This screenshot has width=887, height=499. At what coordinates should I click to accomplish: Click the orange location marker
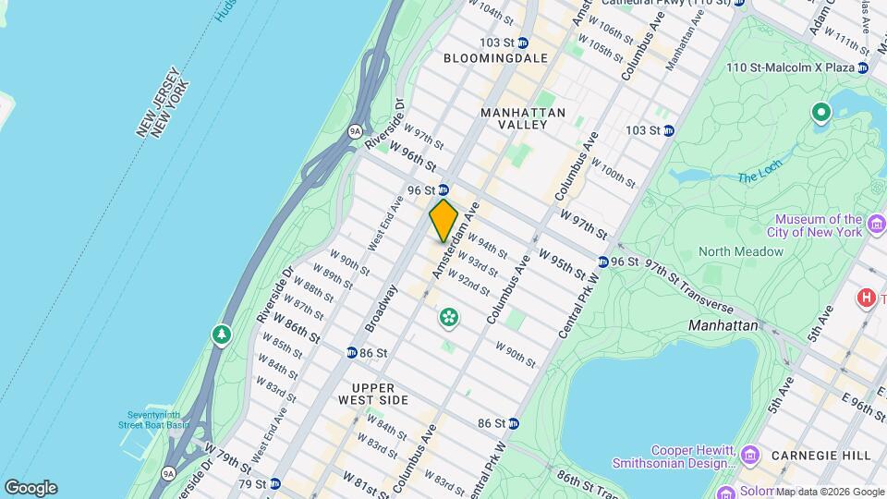tap(443, 220)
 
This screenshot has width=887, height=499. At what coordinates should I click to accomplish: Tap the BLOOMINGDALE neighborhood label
tap(495, 58)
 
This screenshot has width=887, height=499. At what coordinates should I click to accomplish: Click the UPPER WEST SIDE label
tap(380, 394)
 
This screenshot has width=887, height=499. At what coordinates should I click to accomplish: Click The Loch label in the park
tap(759, 176)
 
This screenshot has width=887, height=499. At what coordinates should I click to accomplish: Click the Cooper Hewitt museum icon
tap(749, 455)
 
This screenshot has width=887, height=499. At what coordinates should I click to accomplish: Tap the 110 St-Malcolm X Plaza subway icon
tap(862, 67)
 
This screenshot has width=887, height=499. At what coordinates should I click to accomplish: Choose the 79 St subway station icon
tap(274, 483)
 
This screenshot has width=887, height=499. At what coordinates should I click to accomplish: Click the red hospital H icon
tap(867, 298)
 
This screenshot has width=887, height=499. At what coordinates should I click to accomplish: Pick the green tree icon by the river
tap(221, 334)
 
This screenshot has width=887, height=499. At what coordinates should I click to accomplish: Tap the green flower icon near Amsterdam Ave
tap(449, 318)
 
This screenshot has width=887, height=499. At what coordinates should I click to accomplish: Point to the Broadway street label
tap(383, 307)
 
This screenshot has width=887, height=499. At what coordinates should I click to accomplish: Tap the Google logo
tap(30, 488)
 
